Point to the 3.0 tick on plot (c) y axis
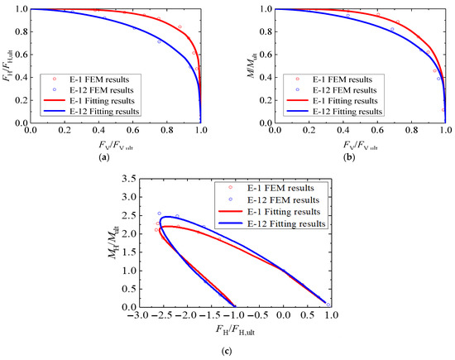point(127,178)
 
